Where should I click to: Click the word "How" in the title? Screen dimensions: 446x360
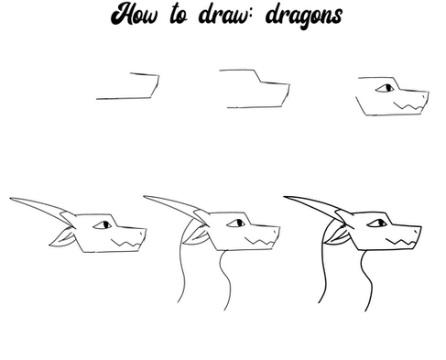[135, 14]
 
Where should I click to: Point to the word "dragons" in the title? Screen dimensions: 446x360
[304, 16]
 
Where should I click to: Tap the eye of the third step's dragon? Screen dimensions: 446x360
[385, 88]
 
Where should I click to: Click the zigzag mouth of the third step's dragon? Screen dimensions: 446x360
[408, 106]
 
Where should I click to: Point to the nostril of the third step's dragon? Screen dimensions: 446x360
[424, 96]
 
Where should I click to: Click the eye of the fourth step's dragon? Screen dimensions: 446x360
[103, 225]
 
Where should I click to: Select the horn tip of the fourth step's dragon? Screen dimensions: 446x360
[10, 199]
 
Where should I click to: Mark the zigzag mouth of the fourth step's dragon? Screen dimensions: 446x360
[126, 243]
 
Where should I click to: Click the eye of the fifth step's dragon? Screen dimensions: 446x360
[236, 224]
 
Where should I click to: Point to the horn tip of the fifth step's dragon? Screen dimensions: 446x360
[145, 197]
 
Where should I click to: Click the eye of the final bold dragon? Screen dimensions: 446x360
[377, 224]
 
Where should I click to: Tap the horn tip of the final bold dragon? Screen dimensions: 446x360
[285, 197]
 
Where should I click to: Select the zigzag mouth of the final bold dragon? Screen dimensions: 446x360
[400, 242]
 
